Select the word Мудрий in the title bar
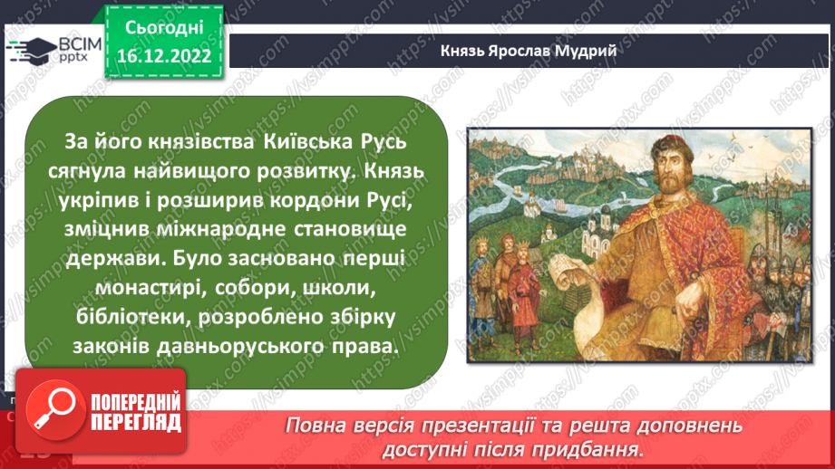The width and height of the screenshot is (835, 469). [586, 51]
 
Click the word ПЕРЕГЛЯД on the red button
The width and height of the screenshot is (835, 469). [134, 421]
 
